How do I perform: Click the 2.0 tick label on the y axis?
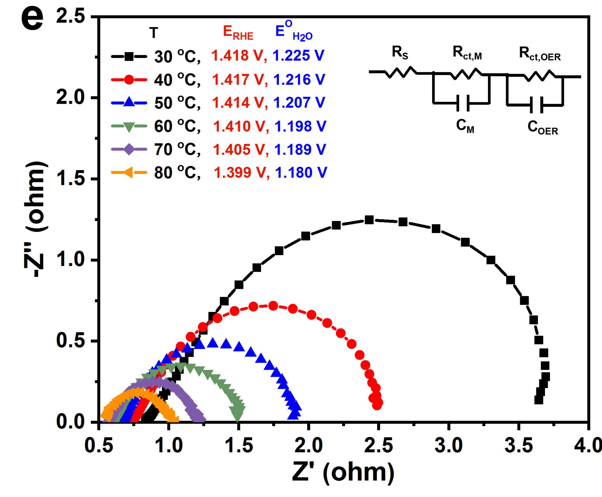[x=70, y=97]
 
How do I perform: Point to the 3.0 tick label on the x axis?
[x=448, y=446]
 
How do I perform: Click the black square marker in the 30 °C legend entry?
[x=129, y=56]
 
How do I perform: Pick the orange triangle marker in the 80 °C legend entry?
[x=129, y=172]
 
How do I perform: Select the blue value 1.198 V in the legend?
[x=300, y=126]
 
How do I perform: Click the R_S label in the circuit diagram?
[x=400, y=53]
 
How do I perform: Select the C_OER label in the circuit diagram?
[x=542, y=128]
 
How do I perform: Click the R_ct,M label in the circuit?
[x=467, y=53]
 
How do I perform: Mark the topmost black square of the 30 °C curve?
[x=369, y=220]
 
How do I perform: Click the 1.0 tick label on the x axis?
[x=169, y=446]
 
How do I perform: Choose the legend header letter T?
[x=154, y=33]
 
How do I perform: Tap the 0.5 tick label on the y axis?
[x=70, y=340]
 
